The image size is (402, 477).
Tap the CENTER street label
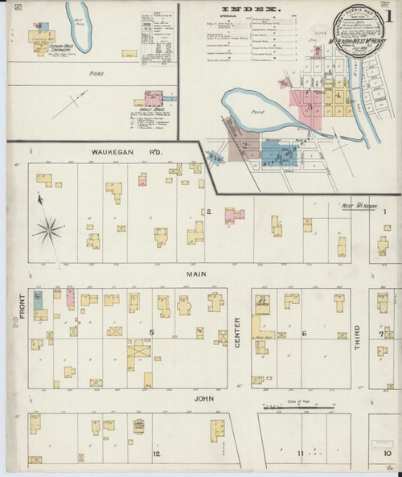point(238,333)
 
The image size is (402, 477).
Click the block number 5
point(150,331)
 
